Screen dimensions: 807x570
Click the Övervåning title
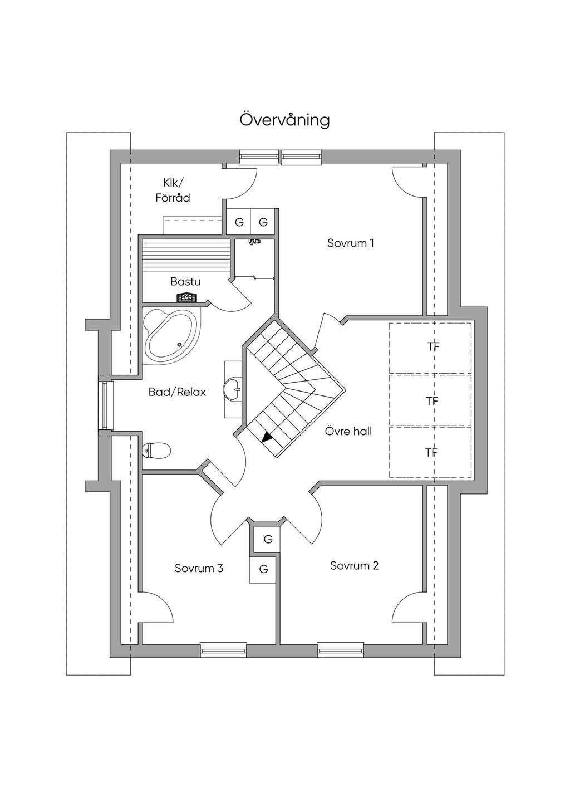[x=284, y=120]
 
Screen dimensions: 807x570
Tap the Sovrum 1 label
[x=350, y=243]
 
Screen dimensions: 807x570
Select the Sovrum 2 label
[x=354, y=565]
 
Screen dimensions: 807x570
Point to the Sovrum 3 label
[x=199, y=568]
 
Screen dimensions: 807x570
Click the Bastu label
[x=185, y=282]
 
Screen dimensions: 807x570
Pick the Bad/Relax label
[x=177, y=392]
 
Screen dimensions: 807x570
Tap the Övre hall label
[x=348, y=431]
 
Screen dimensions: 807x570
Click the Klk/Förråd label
[x=176, y=190]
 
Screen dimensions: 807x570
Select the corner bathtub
[x=171, y=336]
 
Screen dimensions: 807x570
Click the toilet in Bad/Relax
[x=156, y=450]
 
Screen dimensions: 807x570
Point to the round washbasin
[x=232, y=388]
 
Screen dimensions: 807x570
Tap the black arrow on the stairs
[x=268, y=437]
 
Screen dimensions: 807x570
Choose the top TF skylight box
[x=430, y=348]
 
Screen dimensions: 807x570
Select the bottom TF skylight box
[x=430, y=452]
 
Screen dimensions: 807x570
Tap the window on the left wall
[x=105, y=405]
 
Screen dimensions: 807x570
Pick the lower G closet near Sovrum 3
[x=263, y=569]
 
